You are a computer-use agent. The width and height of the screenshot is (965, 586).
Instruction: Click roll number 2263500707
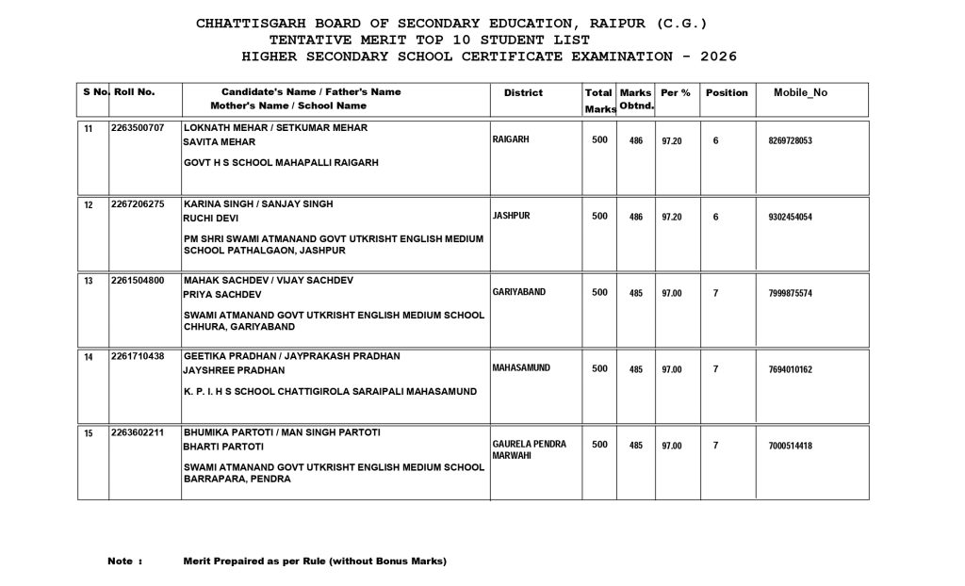tap(138, 126)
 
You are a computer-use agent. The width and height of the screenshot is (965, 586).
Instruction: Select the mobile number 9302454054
tap(790, 217)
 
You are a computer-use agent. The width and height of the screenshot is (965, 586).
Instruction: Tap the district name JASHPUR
tap(512, 216)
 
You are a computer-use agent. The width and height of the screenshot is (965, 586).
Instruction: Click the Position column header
tap(727, 93)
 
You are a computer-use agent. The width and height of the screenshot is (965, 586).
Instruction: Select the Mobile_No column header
tap(800, 92)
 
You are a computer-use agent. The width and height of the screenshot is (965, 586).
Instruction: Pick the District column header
tap(523, 93)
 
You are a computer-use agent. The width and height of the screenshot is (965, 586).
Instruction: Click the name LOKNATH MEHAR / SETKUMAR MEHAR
tap(275, 127)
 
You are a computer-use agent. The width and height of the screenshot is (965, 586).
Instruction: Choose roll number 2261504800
tap(138, 280)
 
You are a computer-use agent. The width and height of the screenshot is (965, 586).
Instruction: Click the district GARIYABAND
tap(519, 292)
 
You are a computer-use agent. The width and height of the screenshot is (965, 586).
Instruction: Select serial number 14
tap(89, 357)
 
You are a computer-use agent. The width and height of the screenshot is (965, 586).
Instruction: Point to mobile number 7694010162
tap(790, 369)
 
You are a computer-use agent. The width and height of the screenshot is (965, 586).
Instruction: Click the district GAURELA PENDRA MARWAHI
tap(529, 449)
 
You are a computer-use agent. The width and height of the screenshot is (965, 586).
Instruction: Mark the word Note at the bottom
tap(120, 562)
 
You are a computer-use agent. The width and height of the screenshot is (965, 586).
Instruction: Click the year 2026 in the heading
tap(711, 57)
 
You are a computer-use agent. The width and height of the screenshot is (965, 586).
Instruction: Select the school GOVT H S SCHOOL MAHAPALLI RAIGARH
tap(281, 162)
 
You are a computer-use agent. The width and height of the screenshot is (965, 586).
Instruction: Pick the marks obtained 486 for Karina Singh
tap(636, 217)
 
